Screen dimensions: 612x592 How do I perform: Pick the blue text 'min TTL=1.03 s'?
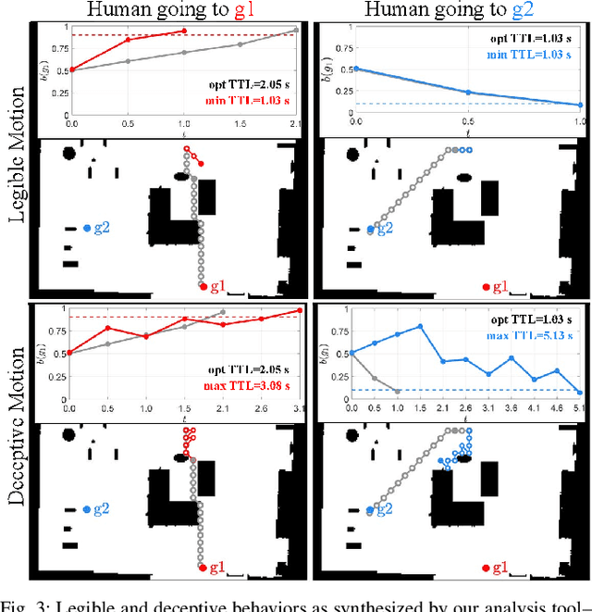pyautogui.click(x=540, y=56)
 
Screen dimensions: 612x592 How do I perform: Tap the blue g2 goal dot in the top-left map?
pyautogui.click(x=86, y=227)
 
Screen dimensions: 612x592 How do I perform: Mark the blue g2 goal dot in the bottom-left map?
pyautogui.click(x=86, y=508)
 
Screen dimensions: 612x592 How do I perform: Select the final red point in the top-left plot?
pyautogui.click(x=184, y=31)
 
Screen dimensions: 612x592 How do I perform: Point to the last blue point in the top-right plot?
pyautogui.click(x=579, y=105)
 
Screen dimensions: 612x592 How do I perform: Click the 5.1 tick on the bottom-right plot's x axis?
pyautogui.click(x=578, y=407)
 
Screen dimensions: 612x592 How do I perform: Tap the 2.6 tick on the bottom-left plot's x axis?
pyautogui.click(x=260, y=407)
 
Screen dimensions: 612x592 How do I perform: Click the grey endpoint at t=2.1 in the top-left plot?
pyautogui.click(x=296, y=31)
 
